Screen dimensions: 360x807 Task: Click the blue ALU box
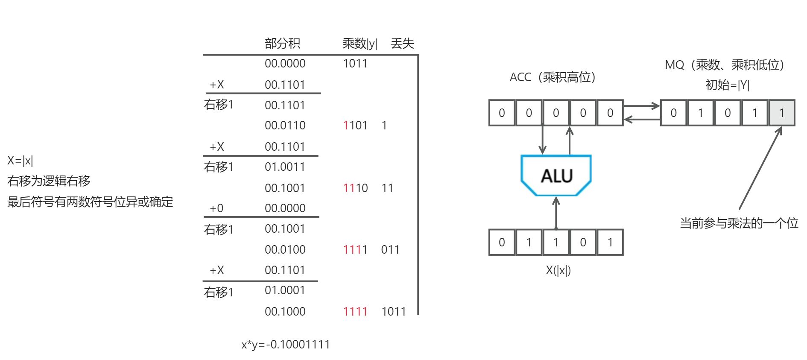point(556,176)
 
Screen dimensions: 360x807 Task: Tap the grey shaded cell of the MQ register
point(781,113)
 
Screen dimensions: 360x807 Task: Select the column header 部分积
point(282,43)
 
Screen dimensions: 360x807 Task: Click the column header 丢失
point(402,43)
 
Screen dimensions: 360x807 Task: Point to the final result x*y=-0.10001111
point(285,344)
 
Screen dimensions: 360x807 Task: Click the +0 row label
point(216,208)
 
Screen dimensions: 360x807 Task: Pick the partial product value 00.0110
point(285,125)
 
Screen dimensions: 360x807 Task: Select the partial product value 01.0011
point(285,167)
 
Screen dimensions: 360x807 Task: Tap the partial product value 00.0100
point(285,249)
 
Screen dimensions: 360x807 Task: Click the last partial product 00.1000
point(285,311)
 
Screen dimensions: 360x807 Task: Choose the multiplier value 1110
point(355,188)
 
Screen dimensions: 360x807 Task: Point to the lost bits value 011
point(390,249)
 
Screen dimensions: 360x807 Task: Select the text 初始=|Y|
point(727,85)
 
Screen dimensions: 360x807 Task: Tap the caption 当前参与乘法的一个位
point(739,223)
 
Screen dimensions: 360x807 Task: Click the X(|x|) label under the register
point(558,270)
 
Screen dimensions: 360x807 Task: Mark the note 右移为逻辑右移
point(49,181)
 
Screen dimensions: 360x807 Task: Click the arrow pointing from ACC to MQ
point(641,105)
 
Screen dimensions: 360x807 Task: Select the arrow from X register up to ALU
point(556,213)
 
